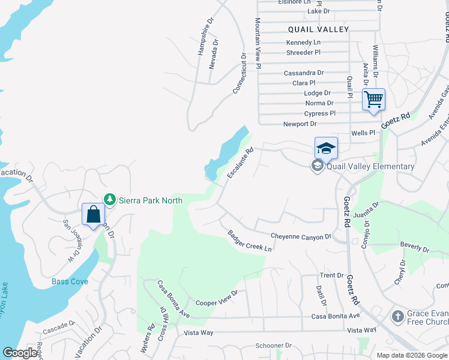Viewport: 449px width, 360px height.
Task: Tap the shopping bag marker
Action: tap(94, 214)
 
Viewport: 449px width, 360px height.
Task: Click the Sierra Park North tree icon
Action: tap(109, 199)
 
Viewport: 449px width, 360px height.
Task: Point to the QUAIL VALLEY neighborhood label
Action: tap(318, 29)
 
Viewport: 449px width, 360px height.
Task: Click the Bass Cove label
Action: tap(70, 281)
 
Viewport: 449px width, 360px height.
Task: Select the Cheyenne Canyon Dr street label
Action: tap(301, 236)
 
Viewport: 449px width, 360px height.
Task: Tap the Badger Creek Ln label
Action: tap(250, 241)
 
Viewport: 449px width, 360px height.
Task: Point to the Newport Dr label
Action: tap(300, 124)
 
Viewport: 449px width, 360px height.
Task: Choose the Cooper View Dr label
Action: tap(217, 298)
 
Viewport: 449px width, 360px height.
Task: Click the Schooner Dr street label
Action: tap(273, 346)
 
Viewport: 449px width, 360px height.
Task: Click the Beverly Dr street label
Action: tap(415, 247)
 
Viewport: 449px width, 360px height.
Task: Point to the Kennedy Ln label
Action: tap(303, 43)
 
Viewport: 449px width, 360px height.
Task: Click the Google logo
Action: tap(20, 353)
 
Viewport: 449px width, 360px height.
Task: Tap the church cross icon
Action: tap(397, 316)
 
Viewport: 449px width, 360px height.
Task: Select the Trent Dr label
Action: tap(331, 275)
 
